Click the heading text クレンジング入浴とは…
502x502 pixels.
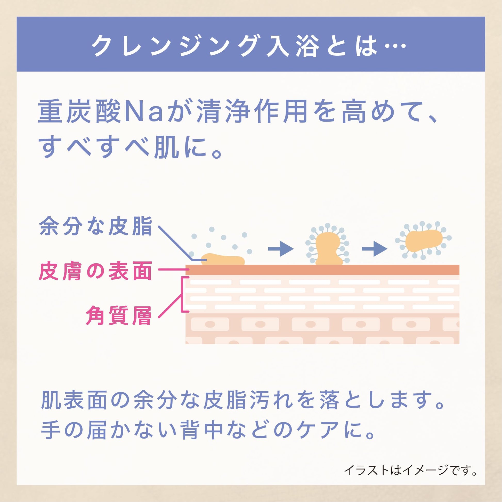pos(249,45)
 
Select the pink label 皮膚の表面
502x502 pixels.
pos(95,271)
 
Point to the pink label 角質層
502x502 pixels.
pos(119,315)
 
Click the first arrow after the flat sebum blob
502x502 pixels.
pos(281,249)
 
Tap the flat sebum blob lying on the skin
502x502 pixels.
pos(223,259)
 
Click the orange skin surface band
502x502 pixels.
pos(322,270)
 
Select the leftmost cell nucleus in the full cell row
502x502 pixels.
pos(210,324)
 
